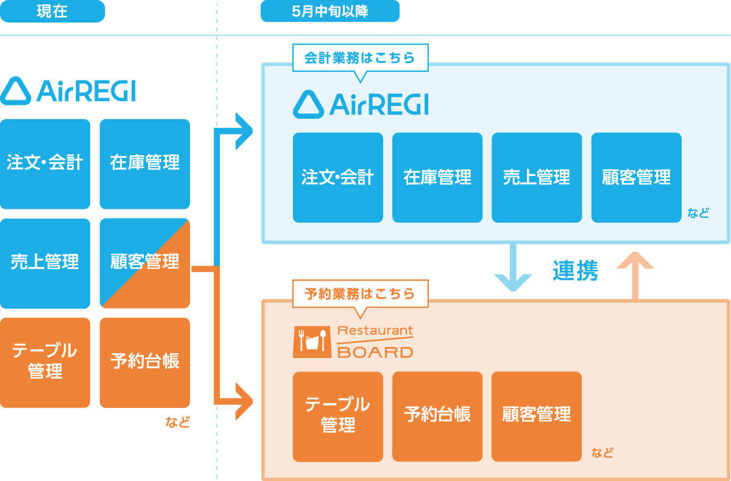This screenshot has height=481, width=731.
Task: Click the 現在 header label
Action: (x=52, y=12)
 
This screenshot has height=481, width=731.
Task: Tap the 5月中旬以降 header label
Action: (x=330, y=12)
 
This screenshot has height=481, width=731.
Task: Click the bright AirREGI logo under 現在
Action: (x=68, y=91)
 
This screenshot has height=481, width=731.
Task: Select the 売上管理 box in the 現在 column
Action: (x=45, y=262)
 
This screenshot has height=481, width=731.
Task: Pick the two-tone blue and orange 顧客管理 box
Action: (x=145, y=262)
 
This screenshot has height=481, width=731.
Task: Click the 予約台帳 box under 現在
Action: (x=145, y=362)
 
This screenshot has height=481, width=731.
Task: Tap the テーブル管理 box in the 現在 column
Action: (x=45, y=362)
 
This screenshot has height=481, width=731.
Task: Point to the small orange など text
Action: (x=177, y=422)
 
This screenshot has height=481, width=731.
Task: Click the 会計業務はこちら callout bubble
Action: (x=359, y=58)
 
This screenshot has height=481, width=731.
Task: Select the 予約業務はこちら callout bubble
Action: (x=359, y=294)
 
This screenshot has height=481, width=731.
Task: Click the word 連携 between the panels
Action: (x=576, y=271)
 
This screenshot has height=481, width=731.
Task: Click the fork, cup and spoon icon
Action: (x=313, y=340)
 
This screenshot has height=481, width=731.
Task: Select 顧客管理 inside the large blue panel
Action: (x=636, y=177)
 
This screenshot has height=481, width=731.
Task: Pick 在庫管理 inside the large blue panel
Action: (x=437, y=177)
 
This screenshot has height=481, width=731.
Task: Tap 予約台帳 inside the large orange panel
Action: (x=437, y=415)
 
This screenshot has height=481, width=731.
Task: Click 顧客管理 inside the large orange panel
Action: (x=537, y=415)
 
